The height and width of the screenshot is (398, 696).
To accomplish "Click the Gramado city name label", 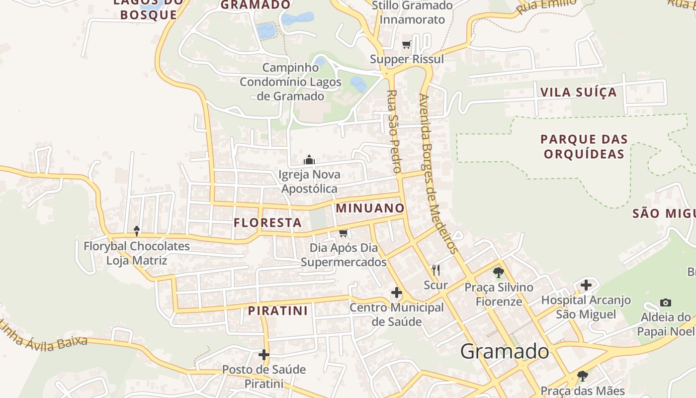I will click(505, 351).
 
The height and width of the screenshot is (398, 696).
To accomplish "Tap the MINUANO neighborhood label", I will click(370, 208).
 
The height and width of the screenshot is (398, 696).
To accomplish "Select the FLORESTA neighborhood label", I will click(268, 222).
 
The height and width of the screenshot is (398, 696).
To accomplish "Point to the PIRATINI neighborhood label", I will click(278, 311).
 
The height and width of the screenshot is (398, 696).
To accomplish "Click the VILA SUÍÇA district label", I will click(578, 92).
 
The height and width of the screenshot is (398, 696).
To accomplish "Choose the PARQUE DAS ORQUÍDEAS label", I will click(584, 146).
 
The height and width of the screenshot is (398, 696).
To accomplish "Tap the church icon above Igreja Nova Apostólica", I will click(309, 160).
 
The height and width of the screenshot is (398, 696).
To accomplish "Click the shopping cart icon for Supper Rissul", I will click(407, 45).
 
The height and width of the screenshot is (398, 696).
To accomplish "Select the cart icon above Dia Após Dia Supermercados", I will click(343, 233).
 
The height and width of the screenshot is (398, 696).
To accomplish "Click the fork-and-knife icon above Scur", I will click(436, 270).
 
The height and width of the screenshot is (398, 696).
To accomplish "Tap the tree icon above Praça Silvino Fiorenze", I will click(498, 273).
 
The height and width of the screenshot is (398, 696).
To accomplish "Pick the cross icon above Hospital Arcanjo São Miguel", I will click(586, 285).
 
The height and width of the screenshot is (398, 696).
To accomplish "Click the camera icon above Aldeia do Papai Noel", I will click(665, 302).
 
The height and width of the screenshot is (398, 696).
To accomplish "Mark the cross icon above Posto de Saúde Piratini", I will click(264, 355).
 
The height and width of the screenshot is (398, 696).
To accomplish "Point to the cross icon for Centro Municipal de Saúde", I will click(397, 293).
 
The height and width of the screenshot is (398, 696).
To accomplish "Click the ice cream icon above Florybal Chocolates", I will click(137, 231).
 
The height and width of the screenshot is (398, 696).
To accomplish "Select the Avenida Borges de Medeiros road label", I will click(437, 174).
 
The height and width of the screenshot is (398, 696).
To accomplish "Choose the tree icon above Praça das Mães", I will click(582, 376).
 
